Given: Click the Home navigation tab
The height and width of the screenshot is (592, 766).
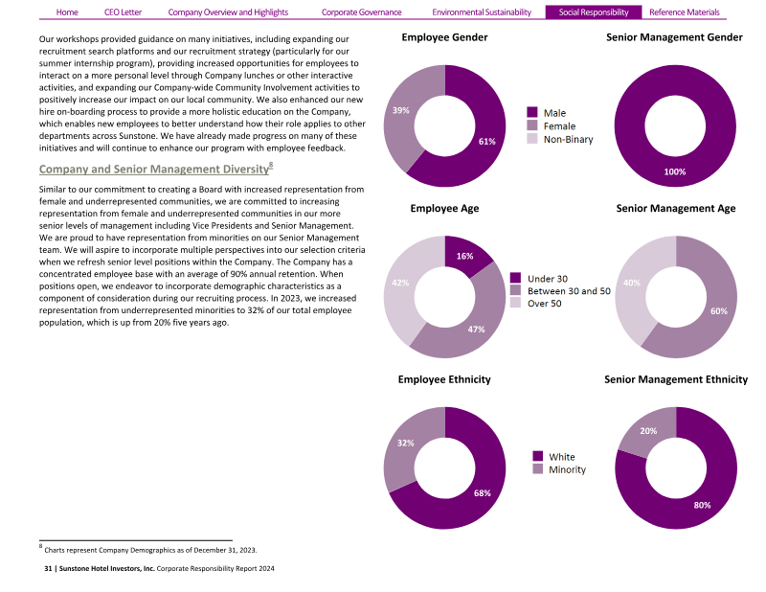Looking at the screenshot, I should [67, 12].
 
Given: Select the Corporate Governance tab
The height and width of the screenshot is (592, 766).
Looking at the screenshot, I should [361, 12].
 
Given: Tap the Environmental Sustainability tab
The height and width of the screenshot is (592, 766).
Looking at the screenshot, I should [482, 12].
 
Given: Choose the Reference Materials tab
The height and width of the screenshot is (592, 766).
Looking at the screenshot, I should [684, 12].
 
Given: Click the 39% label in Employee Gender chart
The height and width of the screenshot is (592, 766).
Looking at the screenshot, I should [401, 110].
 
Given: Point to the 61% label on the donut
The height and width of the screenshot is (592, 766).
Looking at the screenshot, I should [486, 142].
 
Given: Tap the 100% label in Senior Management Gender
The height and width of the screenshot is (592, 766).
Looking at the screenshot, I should [675, 171].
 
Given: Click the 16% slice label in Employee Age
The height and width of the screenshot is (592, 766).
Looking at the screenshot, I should [464, 256].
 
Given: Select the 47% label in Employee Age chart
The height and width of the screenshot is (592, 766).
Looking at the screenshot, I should [476, 330].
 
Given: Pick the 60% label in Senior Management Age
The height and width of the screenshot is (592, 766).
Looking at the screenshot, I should [719, 311].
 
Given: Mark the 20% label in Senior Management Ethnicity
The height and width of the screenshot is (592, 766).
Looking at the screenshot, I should [648, 431].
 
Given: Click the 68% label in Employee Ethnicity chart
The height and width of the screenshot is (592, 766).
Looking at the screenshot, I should [482, 492].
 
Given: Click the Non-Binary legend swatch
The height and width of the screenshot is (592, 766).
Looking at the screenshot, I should [533, 140].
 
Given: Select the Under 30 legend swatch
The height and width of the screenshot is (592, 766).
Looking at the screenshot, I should [516, 278].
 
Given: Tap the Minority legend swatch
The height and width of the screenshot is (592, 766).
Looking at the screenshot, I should [537, 469].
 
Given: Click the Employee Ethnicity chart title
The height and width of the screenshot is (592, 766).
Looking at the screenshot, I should [444, 379].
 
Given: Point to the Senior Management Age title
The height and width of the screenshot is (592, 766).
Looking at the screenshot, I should [675, 208].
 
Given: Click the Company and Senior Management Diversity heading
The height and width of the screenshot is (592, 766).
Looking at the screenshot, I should [153, 169].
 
